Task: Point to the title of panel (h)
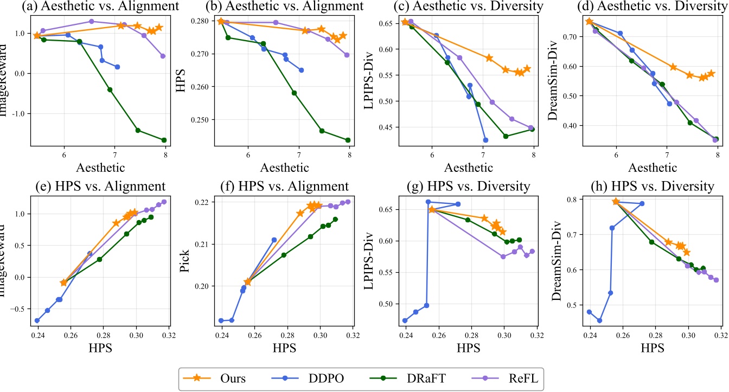click(650, 187)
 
